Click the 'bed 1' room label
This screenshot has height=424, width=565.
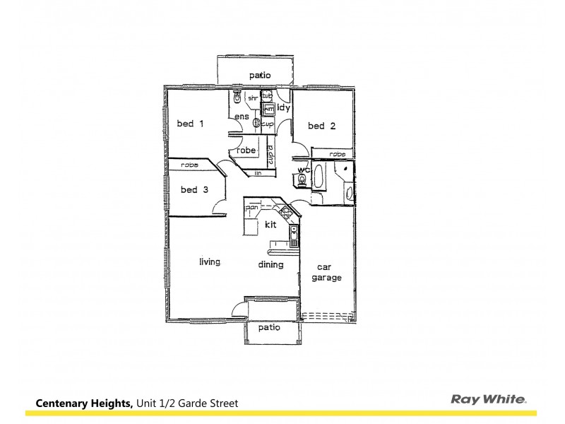[x=190, y=124]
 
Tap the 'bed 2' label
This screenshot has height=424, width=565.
[x=321, y=126]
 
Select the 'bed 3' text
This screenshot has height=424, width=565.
[x=194, y=189]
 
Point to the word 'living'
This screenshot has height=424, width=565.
[x=210, y=262]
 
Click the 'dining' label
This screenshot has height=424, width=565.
[x=270, y=265]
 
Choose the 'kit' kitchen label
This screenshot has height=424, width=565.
[x=270, y=225]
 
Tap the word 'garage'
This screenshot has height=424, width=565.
[x=327, y=278]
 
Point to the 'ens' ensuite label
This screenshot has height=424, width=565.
[x=241, y=116]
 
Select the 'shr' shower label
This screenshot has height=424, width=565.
[x=252, y=98]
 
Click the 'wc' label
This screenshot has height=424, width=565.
[x=304, y=170]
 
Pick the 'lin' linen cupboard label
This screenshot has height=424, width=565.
[x=258, y=173]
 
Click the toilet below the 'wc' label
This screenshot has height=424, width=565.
[x=304, y=182]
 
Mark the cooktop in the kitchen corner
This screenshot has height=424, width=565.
[x=286, y=211]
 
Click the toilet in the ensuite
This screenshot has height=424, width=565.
[x=237, y=98]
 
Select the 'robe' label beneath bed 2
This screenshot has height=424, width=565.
[x=337, y=153]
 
